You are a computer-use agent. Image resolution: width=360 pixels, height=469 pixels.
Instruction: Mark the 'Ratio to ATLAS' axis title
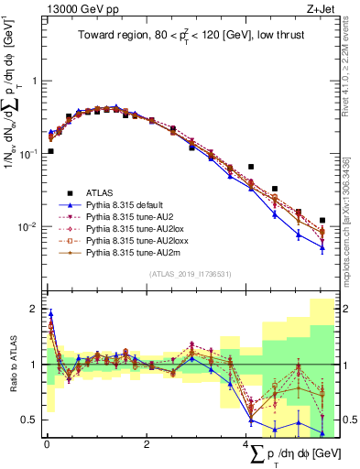point(11,365)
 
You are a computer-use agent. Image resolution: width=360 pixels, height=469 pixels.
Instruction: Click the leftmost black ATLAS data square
point(50,151)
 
